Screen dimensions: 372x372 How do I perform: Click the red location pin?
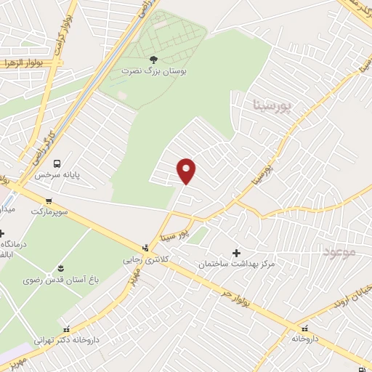187,171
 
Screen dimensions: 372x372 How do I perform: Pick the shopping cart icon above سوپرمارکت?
49,201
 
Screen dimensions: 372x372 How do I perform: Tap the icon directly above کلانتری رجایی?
146,248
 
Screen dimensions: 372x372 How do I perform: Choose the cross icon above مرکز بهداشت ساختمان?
236,252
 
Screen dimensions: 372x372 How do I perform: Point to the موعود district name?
338,252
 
